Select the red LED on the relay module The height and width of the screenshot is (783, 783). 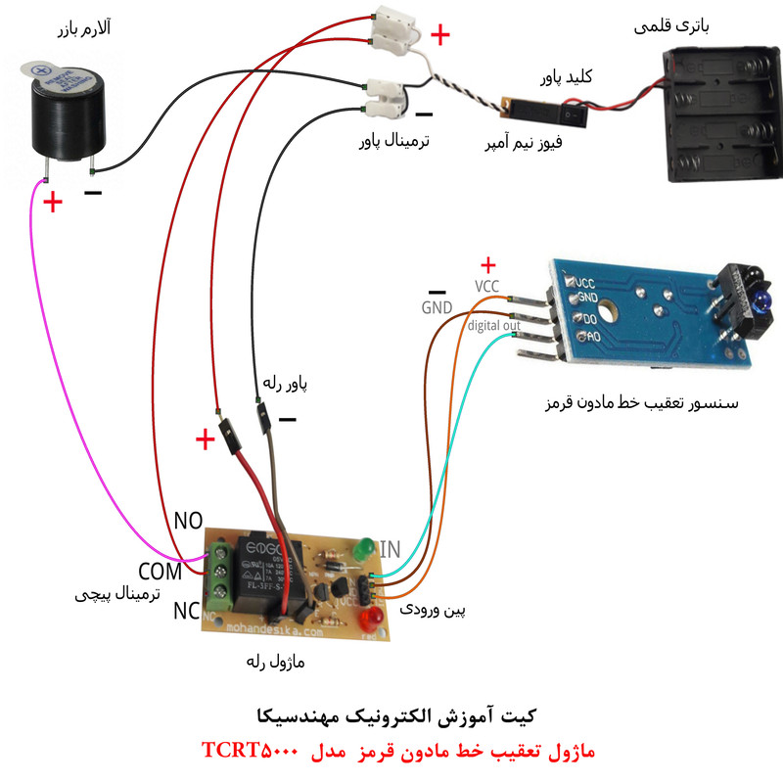click(x=372, y=620)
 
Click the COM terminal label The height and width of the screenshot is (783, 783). click(x=161, y=571)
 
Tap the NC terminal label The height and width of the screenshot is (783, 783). click(x=186, y=612)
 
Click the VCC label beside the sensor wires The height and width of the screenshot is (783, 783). click(x=487, y=286)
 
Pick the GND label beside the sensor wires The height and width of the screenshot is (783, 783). click(x=437, y=307)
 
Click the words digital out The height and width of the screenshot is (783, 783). click(x=493, y=325)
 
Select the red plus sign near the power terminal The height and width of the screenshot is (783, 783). click(x=440, y=36)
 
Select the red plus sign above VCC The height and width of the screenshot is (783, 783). click(x=488, y=264)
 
